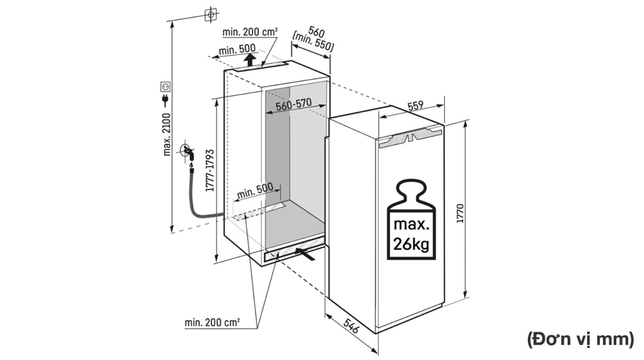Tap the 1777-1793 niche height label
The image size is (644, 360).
210,170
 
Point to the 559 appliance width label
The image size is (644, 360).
415,107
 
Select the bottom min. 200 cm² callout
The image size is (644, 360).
212,323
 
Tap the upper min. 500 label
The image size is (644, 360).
237,49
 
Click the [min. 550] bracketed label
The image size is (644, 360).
313,45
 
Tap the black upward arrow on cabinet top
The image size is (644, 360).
251,60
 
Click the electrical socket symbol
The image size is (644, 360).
165,85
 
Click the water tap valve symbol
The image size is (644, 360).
187,152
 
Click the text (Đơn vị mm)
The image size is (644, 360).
580,339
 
